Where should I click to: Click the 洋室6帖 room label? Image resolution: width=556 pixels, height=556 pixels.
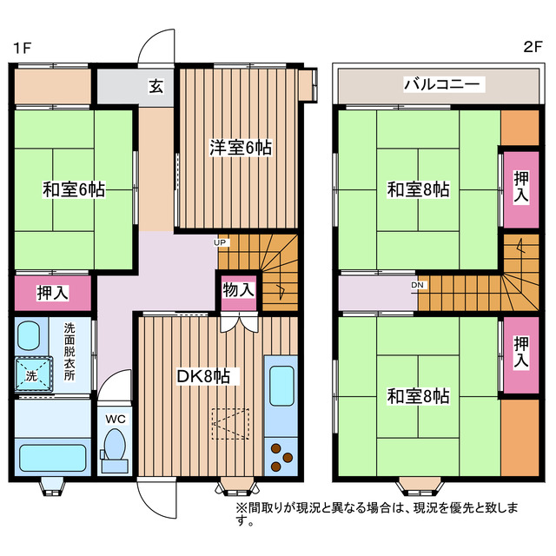[x=240, y=148]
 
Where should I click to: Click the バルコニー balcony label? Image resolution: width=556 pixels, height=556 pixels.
[x=443, y=85]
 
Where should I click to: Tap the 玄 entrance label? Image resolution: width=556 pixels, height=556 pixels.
[x=156, y=86]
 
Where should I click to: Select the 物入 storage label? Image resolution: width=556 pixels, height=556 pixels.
[x=237, y=290]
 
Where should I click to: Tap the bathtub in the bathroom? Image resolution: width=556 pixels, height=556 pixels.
[x=52, y=457]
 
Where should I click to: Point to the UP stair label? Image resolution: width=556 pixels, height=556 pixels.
[x=221, y=242]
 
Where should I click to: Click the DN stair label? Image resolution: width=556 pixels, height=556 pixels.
[x=417, y=284]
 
